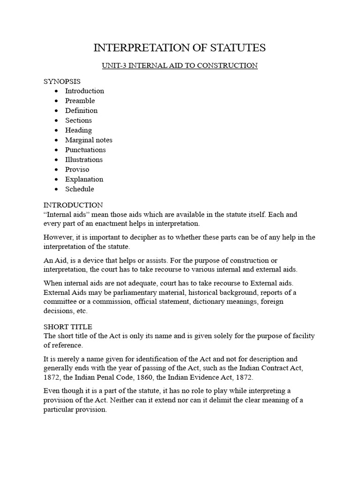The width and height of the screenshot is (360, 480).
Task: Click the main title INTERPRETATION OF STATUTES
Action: pos(180,48)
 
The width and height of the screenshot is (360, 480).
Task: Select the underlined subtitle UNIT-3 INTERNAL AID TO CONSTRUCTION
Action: pos(180,66)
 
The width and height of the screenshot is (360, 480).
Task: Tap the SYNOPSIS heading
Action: pos(62,81)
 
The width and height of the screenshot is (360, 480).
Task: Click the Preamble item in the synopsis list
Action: pos(80,101)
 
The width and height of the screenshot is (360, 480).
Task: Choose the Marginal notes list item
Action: pos(89,140)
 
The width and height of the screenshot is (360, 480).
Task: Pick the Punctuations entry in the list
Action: pos(85,150)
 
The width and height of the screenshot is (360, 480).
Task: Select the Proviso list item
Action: pos(77,170)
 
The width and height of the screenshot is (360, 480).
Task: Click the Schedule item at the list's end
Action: pos(79,189)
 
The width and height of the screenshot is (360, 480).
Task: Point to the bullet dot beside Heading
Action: pos(56,130)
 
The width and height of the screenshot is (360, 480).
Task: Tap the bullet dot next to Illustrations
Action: pos(56,160)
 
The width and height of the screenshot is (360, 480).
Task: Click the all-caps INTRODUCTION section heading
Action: pos(73,205)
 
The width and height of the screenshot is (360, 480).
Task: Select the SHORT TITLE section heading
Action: pos(67,327)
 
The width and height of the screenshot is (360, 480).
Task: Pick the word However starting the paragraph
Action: pos(59,237)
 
